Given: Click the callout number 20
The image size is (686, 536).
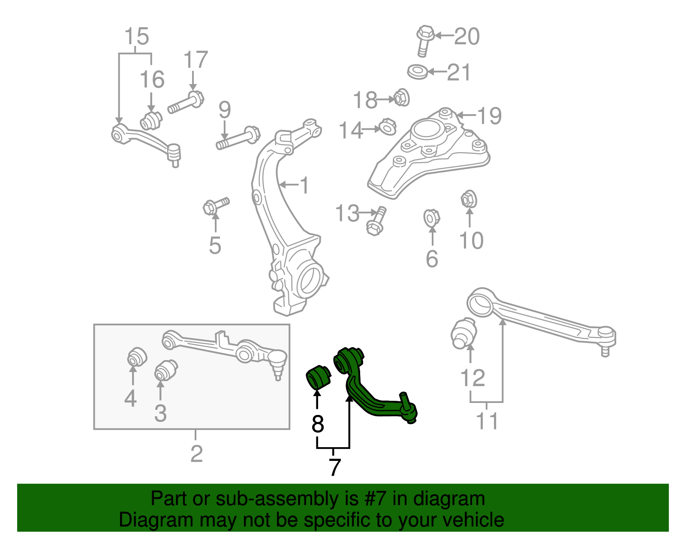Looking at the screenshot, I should point(467,36).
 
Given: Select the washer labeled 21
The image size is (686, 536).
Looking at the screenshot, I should point(417,72).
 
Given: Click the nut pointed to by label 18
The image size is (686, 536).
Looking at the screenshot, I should point(401,98).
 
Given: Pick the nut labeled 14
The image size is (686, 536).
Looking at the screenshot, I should point(387,127).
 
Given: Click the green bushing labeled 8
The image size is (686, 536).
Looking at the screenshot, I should point(318,376).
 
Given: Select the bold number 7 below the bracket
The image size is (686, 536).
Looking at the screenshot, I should point(334,467).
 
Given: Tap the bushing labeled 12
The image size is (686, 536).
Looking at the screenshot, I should point(463,333).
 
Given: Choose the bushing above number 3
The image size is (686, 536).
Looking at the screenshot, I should point(165,370).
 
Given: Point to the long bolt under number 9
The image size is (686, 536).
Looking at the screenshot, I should point(238,139).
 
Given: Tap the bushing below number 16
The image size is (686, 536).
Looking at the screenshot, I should point(150,121).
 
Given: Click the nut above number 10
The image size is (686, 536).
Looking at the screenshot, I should point(469,199).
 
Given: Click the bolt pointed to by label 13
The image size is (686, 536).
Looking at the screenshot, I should point(376,221).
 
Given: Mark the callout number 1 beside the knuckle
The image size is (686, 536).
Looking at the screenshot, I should point(304,185).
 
